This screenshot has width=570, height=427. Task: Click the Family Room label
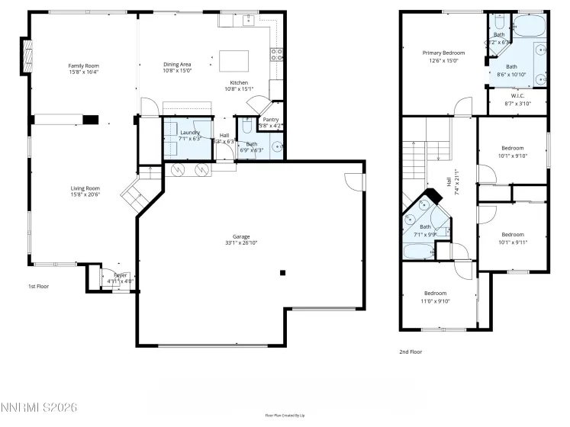point(84,66)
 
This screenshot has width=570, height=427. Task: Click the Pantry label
point(270,120)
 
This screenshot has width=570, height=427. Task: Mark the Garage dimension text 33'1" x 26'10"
point(241,243)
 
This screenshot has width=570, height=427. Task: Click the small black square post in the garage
point(282,272)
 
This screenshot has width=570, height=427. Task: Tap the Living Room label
point(85,188)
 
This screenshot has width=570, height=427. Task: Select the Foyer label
point(121,274)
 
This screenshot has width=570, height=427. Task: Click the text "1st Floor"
point(38,286)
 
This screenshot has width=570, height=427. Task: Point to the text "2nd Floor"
point(410,352)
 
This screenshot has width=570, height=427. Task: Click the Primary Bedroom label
point(443,53)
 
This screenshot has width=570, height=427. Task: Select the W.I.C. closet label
point(517,96)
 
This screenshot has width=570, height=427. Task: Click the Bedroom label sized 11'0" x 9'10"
point(435,293)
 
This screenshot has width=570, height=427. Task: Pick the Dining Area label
point(177,66)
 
